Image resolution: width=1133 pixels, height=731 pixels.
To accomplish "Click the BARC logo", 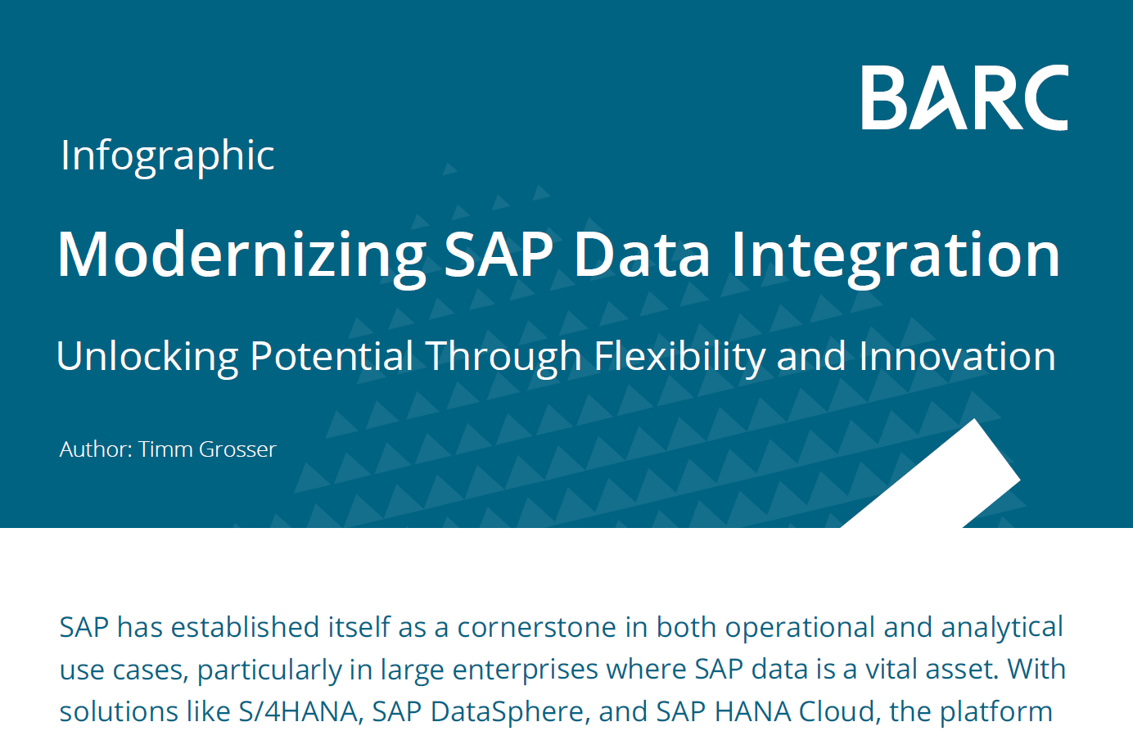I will pos(964,97).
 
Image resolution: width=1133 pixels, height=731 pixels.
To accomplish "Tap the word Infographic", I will pos(167,156).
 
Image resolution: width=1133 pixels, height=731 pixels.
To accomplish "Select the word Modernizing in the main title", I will pos(241,255).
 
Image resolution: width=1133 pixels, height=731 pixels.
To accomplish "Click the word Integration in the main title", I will pos(895,255).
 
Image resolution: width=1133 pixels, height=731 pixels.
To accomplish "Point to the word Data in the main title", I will pos(641,255).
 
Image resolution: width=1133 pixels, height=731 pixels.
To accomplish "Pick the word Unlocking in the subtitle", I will pos(147,357).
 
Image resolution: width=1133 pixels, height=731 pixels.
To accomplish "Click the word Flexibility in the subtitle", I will pos(679,357).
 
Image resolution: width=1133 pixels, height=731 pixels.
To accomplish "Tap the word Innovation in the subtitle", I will pos(957,357).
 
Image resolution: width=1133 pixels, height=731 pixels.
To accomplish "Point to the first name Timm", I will pos(165,449).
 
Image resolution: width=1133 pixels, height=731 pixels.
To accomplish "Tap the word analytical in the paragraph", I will pos(1001,628).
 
